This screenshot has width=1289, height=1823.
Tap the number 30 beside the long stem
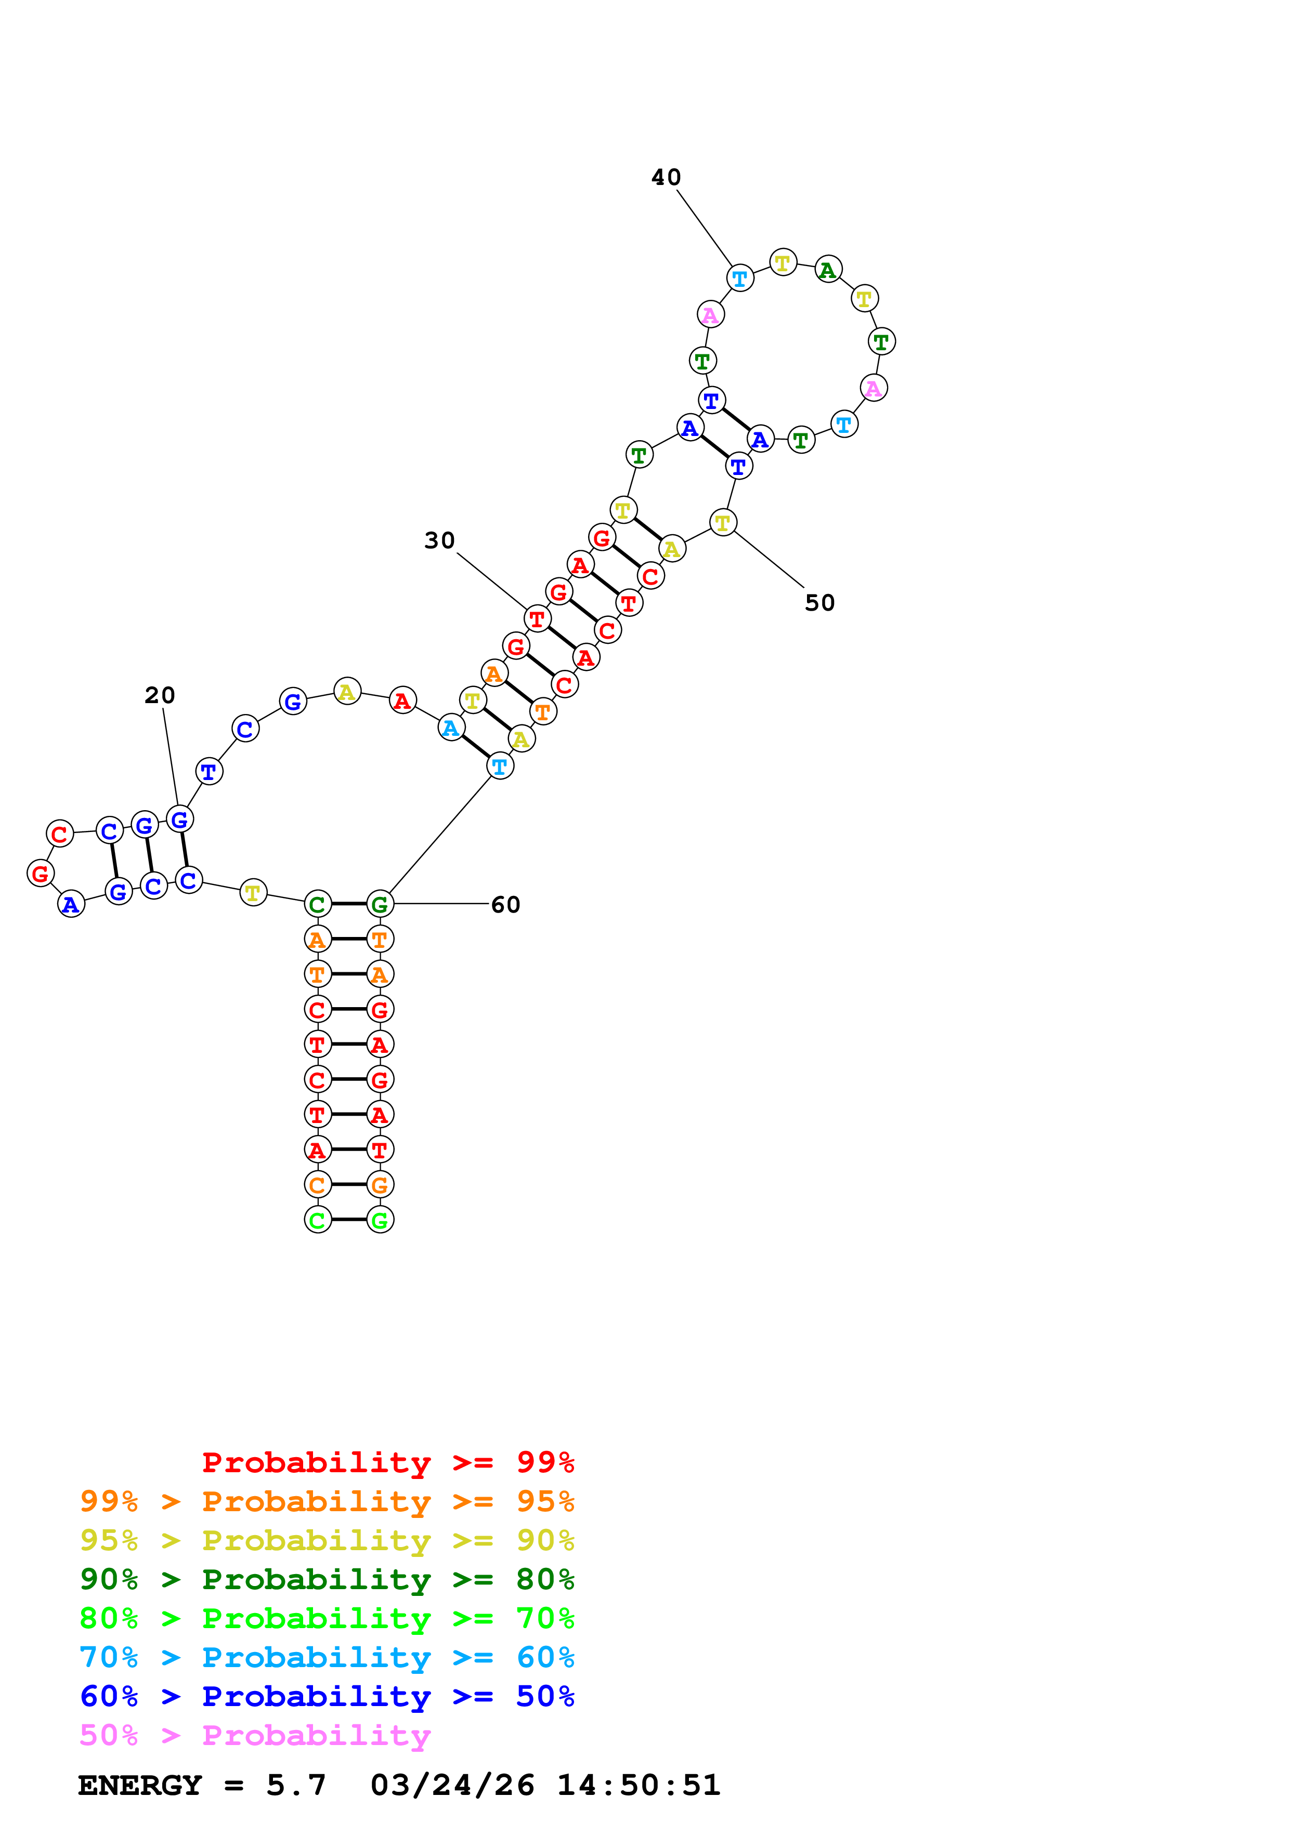tap(439, 540)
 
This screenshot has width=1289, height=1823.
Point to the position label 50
tap(819, 603)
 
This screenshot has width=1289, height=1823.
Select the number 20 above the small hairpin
tap(160, 695)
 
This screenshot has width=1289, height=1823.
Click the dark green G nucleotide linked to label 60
tap(380, 904)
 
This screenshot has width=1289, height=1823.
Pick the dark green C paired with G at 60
tap(318, 904)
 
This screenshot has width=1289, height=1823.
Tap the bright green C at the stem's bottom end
tap(318, 1220)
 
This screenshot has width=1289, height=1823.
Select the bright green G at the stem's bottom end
tap(380, 1220)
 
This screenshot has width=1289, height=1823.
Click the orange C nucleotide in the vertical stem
tap(318, 1185)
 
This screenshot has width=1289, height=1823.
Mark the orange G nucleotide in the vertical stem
tap(380, 1185)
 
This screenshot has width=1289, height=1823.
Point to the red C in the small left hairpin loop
tap(60, 834)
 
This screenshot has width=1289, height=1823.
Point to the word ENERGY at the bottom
tap(140, 1785)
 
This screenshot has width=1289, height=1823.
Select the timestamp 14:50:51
tap(639, 1785)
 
